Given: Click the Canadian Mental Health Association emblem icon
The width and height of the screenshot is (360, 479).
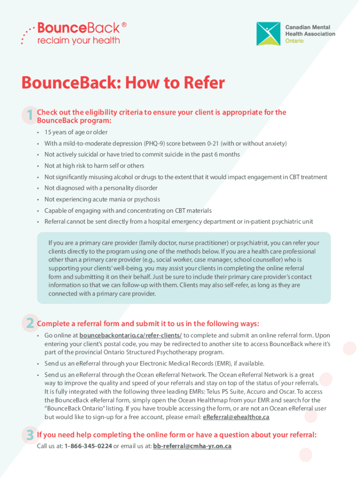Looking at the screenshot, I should tap(268, 34).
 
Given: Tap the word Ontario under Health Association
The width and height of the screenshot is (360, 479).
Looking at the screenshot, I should tap(295, 41).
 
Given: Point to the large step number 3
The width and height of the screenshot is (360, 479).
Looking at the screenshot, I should tap(29, 435).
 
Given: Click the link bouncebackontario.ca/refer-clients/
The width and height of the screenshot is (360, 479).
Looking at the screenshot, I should tap(131, 335).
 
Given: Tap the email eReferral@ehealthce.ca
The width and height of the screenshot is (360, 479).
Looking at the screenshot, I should tap(236, 417).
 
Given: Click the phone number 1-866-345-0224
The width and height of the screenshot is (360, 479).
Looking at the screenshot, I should tap(88, 446).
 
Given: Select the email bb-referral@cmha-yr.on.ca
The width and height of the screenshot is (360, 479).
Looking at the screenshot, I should tap(192, 446).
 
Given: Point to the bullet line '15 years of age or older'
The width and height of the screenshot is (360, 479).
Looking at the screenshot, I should tap(76, 132).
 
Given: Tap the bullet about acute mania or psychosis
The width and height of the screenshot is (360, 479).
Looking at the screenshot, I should tap(102, 199).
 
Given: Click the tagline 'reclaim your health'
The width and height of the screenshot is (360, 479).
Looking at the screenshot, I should tap(79, 40).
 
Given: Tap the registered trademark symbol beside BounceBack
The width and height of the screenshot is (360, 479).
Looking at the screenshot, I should tap(124, 24).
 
